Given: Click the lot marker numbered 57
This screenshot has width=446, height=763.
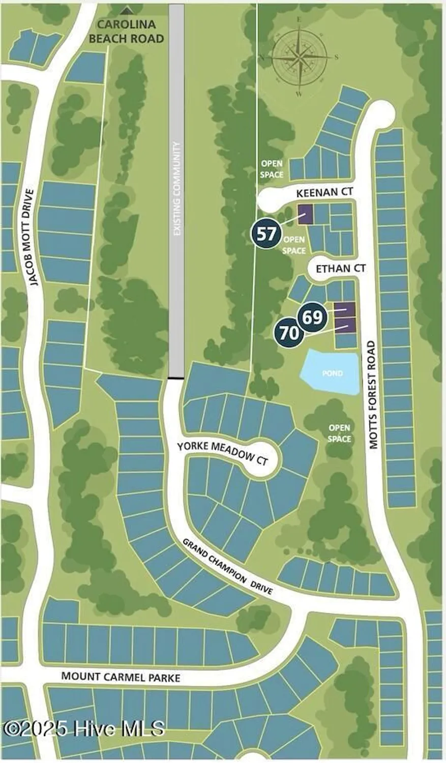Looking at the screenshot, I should [266, 234].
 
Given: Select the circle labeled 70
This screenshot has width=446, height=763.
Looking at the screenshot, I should [289, 334].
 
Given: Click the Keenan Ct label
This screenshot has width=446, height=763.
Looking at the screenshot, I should [324, 192].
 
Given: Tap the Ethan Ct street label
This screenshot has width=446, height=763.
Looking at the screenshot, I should [341, 268].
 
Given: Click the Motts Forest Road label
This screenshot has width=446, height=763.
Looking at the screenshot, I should [374, 395].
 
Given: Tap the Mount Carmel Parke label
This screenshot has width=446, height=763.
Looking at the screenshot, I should [121, 677].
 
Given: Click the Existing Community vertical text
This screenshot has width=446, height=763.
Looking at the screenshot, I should [177, 188].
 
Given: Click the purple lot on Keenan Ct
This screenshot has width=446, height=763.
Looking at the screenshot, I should [305, 214].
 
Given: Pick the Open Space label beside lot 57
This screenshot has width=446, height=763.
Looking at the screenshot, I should [294, 245].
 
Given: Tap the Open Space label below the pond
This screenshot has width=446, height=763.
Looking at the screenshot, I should [339, 433].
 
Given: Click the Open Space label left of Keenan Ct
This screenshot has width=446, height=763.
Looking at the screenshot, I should [272, 169].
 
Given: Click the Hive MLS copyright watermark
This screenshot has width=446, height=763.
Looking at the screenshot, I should [84, 728].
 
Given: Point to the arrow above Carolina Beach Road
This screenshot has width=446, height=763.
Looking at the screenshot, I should [127, 10].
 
